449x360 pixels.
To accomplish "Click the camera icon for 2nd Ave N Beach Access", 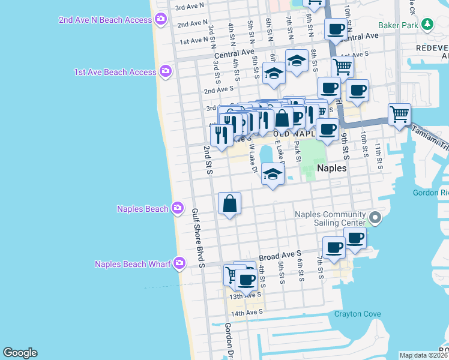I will pyautogui.click(x=160, y=20).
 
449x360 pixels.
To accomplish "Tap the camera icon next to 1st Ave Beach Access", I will pyautogui.click(x=166, y=72).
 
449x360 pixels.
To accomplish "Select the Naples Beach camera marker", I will pyautogui.click(x=177, y=209).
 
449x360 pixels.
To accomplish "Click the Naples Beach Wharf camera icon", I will pyautogui.click(x=179, y=263).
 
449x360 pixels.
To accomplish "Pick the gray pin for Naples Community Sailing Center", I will pyautogui.click(x=376, y=218).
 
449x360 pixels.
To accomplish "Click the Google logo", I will pyautogui.click(x=20, y=353).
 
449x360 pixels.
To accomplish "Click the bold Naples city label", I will pyautogui.click(x=331, y=169).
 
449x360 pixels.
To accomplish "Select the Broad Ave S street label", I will pyautogui.click(x=280, y=255).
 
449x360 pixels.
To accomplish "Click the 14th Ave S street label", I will pyautogui.click(x=247, y=313).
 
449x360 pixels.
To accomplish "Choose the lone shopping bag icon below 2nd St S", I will pyautogui.click(x=230, y=204).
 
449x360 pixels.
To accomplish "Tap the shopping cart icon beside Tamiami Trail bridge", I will pyautogui.click(x=399, y=113).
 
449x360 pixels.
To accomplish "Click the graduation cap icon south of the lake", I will pyautogui.click(x=273, y=174).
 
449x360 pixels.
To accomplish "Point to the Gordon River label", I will pyautogui.click(x=430, y=193).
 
